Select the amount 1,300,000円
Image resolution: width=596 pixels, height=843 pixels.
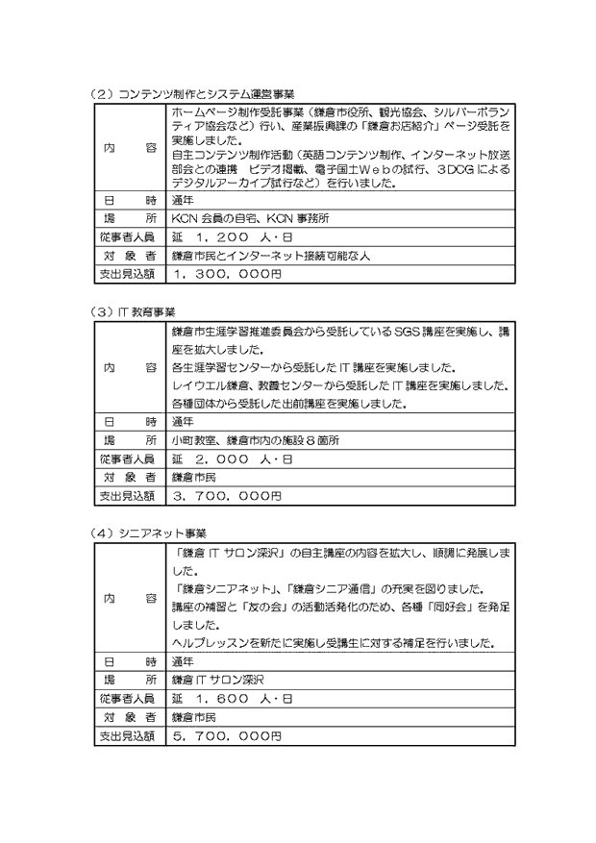pos(227,274)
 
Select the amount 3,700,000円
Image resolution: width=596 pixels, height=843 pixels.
pos(227,494)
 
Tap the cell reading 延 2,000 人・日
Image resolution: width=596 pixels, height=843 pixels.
pos(232,459)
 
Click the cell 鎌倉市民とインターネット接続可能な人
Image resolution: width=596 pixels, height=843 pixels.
pos(270,256)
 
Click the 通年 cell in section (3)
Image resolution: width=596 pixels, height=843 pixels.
pos(183,421)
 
